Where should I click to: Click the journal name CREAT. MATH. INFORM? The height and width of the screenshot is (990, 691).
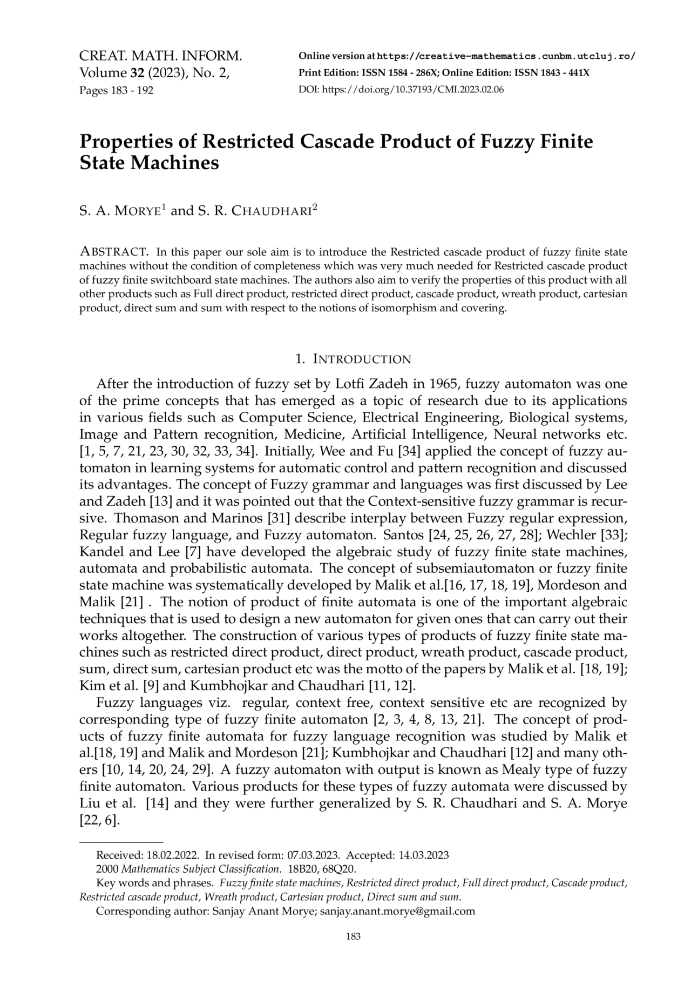pos(160,56)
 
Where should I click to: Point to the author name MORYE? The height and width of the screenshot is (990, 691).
pos(137,211)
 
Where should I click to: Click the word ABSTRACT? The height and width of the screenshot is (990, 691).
pos(114,252)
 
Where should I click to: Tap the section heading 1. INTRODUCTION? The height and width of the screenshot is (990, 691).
pos(354,359)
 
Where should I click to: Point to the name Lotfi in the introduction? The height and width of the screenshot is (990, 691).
pos(353,384)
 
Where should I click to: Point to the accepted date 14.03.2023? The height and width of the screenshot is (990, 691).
pos(424,855)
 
